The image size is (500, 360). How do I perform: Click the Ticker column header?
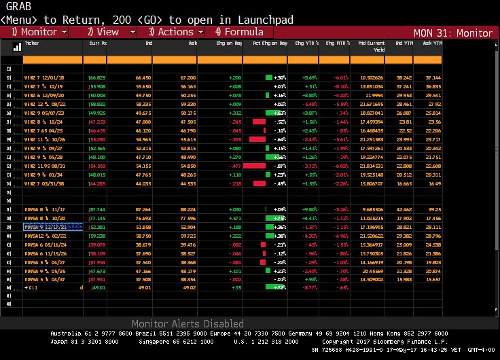[32, 42]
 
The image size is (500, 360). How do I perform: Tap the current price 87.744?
[97, 210]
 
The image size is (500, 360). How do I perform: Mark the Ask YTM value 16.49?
[433, 183]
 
